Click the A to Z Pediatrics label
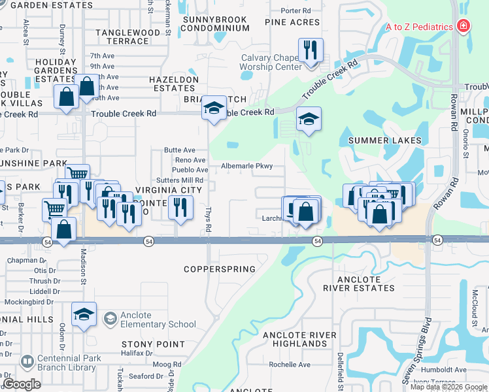pos(419,27)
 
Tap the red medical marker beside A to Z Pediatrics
pos(464,26)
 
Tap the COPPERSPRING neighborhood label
pos(219,269)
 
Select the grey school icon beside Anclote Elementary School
pos(110,318)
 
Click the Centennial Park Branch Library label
pos(70,363)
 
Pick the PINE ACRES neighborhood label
pos(292,22)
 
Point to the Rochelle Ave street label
pos(289,365)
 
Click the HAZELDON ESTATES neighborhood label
pos(174,83)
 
